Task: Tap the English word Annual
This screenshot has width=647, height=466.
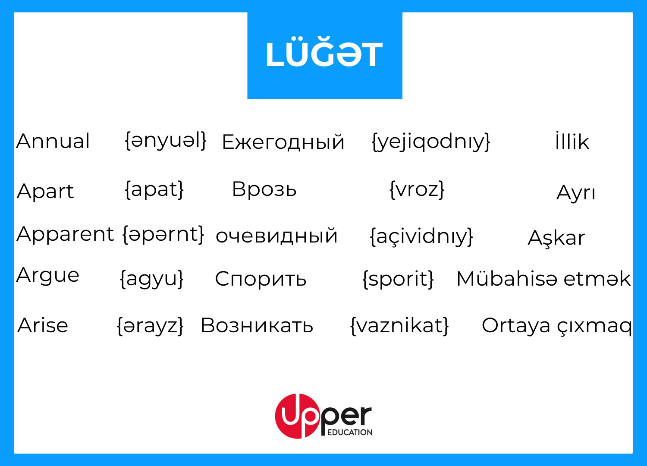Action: [53, 141]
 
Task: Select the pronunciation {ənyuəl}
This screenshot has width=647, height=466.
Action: [166, 141]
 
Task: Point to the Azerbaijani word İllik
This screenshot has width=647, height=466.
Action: [572, 141]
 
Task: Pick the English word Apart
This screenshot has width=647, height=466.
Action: [45, 191]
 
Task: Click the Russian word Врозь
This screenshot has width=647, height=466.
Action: [264, 189]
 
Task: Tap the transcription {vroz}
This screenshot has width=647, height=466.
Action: [417, 189]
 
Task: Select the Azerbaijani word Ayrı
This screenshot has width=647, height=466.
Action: [576, 193]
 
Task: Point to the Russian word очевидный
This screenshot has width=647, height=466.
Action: [276, 236]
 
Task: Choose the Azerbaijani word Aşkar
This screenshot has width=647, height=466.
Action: [556, 238]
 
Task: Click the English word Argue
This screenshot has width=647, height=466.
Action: [47, 276]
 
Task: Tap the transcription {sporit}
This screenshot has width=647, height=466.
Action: [398, 279]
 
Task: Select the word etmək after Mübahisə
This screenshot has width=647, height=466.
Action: [597, 279]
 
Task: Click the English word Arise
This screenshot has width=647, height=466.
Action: [43, 326]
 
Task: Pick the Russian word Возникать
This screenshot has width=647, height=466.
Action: [257, 326]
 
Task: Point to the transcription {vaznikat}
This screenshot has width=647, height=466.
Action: [399, 326]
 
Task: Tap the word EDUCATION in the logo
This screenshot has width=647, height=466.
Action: [350, 432]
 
